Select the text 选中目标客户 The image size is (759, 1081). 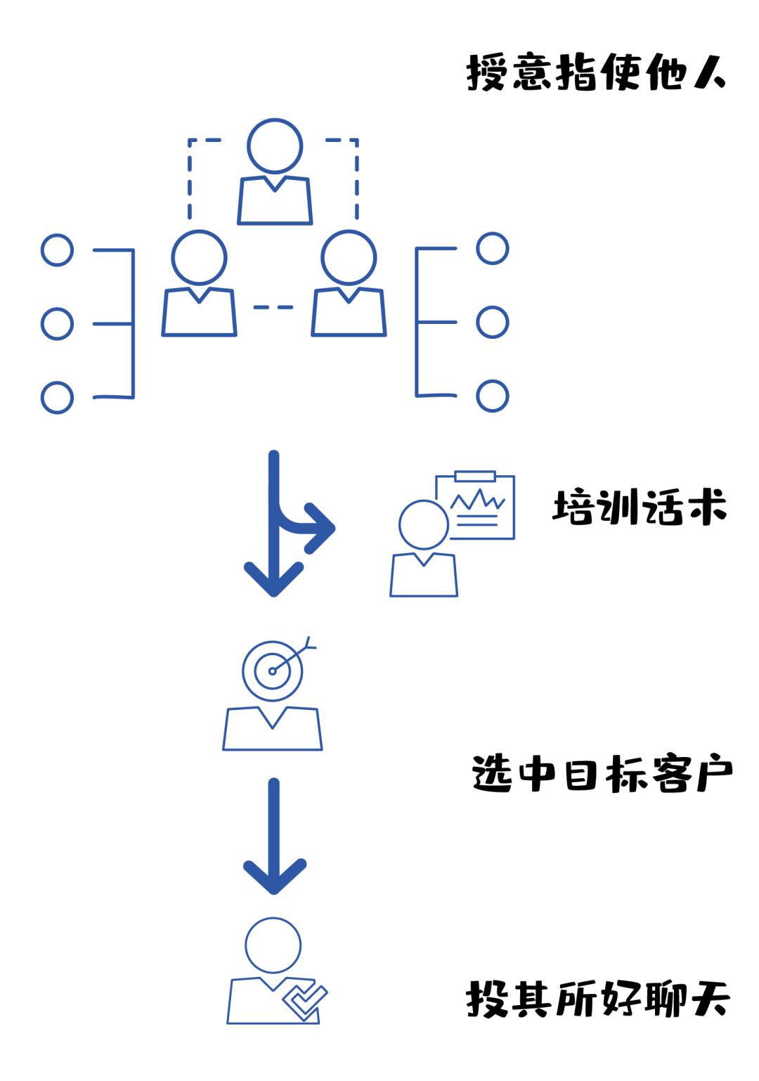(x=602, y=775)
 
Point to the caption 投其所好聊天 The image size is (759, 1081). (x=598, y=999)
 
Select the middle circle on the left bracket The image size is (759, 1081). (x=57, y=323)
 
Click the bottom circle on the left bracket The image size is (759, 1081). (x=57, y=397)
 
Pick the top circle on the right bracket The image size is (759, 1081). (x=492, y=248)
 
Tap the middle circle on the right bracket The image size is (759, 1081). (x=492, y=322)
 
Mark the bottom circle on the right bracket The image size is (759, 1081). (x=492, y=396)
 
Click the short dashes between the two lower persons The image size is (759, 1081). (x=273, y=307)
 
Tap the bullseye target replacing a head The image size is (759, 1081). (x=273, y=671)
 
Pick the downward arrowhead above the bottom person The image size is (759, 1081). (x=274, y=876)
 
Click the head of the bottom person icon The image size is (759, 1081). (x=273, y=945)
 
